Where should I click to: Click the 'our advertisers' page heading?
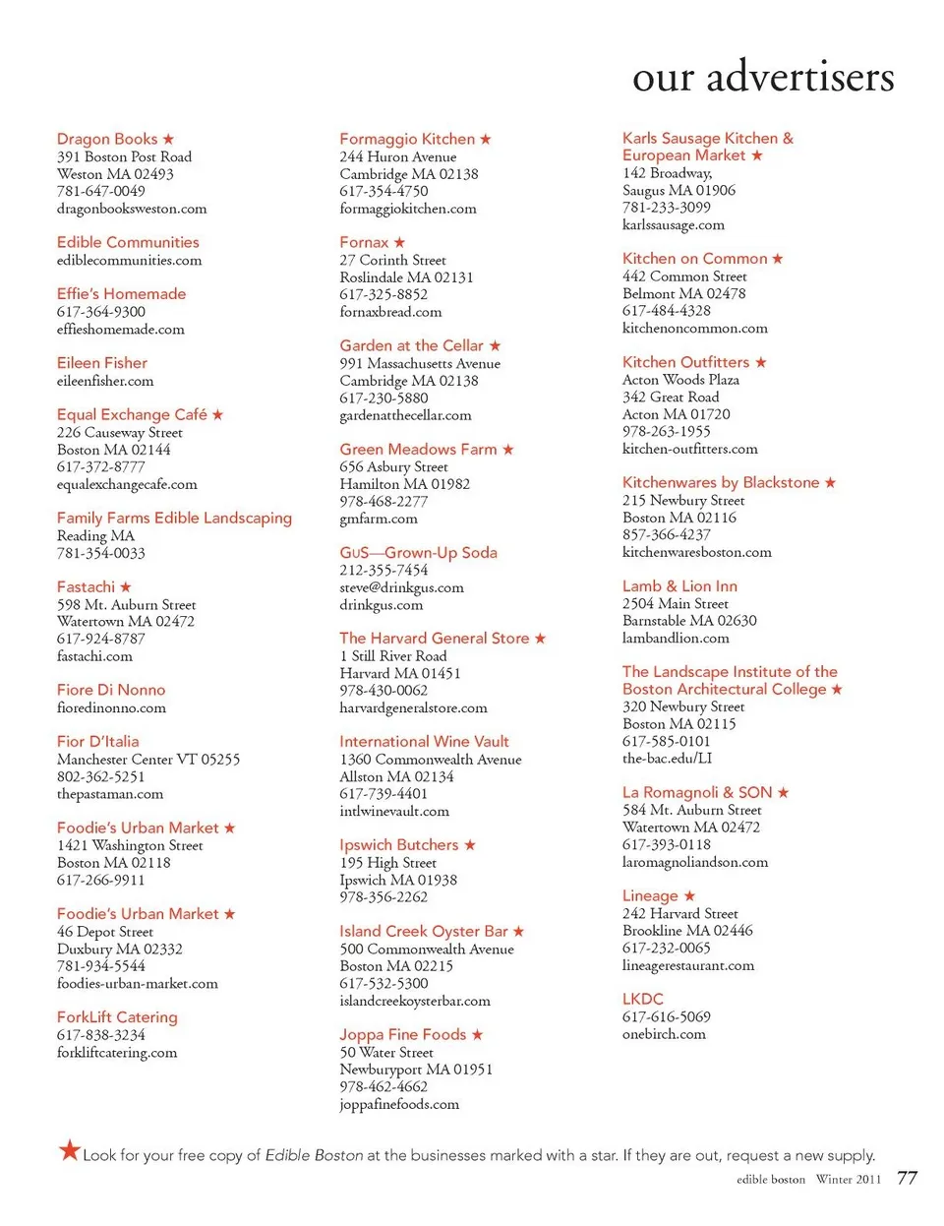tap(763, 77)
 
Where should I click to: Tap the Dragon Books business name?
tap(107, 139)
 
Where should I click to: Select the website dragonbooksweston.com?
tap(132, 209)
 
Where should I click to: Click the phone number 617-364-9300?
tap(101, 312)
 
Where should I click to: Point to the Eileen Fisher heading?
tap(102, 363)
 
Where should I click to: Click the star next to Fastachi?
tap(126, 587)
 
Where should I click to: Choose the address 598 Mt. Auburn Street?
tap(127, 604)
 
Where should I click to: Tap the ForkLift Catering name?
tap(117, 1017)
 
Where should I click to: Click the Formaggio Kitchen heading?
tap(407, 139)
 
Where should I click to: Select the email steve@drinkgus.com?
tap(401, 587)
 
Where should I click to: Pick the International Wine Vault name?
tap(424, 742)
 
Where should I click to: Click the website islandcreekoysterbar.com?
tap(415, 1001)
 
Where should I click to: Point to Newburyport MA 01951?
tap(416, 1070)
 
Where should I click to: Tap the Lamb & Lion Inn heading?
tap(679, 586)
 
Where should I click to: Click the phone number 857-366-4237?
tap(667, 534)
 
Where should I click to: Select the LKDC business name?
tap(643, 999)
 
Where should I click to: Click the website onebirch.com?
tap(664, 1034)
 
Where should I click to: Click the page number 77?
tap(907, 1178)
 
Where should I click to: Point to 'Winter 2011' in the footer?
tap(849, 1179)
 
